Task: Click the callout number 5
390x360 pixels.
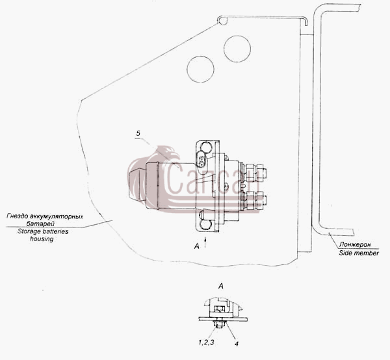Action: (x=138, y=133)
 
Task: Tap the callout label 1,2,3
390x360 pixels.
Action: (x=206, y=342)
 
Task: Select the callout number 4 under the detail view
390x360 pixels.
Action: (x=237, y=344)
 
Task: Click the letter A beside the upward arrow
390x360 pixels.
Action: (x=197, y=246)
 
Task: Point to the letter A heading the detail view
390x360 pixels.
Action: (x=220, y=286)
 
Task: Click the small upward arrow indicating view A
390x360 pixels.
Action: (x=205, y=242)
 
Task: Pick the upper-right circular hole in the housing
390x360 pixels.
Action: (x=237, y=49)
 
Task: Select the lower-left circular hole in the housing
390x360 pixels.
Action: (x=200, y=69)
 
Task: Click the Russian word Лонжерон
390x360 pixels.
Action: (x=355, y=244)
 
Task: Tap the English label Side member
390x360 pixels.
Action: (x=359, y=253)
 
